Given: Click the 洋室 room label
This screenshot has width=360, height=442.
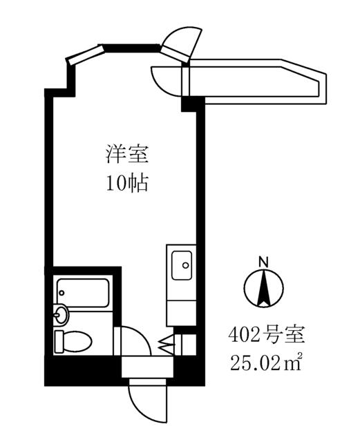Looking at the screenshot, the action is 127,154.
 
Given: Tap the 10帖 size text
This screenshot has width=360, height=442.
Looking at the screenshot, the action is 127,184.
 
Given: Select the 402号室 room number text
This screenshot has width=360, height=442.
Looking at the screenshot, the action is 267,336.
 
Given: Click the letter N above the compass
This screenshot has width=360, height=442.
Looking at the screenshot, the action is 264,262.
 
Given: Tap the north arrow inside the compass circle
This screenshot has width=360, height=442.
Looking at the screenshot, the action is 264,289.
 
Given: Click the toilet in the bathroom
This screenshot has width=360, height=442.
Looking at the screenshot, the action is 73,341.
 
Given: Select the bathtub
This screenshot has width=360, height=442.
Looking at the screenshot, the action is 83,293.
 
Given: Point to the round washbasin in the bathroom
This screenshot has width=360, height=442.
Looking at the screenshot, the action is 60,314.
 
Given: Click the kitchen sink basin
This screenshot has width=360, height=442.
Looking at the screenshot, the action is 182,265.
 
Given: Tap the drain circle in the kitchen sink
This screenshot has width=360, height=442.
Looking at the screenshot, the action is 185,265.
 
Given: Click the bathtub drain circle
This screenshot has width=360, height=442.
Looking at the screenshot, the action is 61,293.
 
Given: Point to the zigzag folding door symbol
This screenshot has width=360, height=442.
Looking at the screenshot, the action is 168,344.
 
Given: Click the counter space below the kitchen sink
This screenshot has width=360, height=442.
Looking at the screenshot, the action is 181,313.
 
